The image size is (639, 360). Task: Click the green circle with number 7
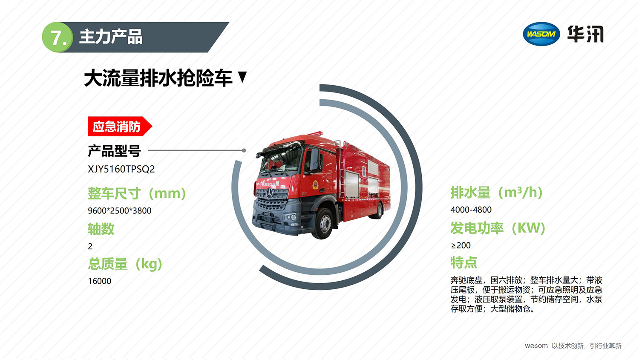[58, 37]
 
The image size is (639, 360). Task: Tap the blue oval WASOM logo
[541, 34]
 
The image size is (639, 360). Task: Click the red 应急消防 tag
[120, 127]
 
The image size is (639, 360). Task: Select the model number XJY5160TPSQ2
[121, 169]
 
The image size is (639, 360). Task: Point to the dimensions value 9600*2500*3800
[120, 211]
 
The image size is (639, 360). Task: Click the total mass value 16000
[100, 281]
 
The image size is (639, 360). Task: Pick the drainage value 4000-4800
[471, 210]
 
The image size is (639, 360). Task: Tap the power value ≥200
[461, 245]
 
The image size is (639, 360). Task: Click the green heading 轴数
[101, 229]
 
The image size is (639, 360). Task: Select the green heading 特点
[463, 262]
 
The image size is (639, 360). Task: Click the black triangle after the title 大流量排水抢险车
[242, 77]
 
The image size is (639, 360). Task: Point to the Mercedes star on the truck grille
[269, 194]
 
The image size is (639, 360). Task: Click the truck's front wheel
[324, 223]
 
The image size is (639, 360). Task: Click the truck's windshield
[281, 161]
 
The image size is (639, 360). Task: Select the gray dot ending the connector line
[244, 150]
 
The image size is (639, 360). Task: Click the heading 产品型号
[114, 151]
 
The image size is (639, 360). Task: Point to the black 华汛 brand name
[585, 34]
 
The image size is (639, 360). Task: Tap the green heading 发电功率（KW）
[498, 228]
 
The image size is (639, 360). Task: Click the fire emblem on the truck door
[315, 184]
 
